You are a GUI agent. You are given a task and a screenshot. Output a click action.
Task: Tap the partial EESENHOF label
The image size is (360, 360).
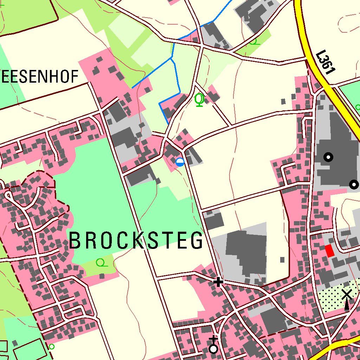pos(39,76)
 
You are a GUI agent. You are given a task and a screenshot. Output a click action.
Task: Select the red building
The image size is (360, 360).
pos(329,251)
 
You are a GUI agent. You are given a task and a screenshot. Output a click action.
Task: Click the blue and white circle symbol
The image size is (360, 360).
pos(180,162)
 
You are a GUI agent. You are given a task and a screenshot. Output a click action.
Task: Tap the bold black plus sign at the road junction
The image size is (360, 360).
pos(218,282)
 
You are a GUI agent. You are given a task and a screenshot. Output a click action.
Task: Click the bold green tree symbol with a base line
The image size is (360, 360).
pos(200,99)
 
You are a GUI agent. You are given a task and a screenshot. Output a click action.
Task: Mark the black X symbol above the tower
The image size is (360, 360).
pos(347,294)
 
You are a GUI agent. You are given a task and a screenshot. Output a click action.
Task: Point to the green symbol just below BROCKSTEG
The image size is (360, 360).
pos(101,262)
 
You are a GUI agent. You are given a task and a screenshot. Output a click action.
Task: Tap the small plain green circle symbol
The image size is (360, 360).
pos(51,347)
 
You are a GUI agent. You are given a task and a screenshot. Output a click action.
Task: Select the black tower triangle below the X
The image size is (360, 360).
pos(347,305)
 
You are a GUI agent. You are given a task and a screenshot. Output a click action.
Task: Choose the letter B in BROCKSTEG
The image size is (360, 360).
pos(75,240)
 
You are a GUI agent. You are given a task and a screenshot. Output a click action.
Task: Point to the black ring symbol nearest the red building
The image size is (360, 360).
pos(354,184)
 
